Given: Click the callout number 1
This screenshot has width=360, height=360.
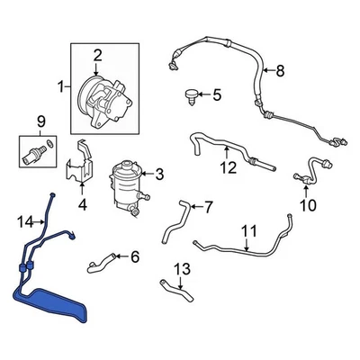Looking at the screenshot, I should tap(61, 87).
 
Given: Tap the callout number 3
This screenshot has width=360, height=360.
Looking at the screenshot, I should tap(159, 173).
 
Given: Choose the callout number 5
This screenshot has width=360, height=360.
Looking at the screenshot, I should tap(215, 94).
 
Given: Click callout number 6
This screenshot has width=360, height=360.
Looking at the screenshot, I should tap(134, 256).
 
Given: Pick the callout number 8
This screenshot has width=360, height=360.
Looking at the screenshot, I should tap(278, 71).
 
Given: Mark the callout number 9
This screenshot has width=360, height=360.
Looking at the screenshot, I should tap(39, 121).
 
